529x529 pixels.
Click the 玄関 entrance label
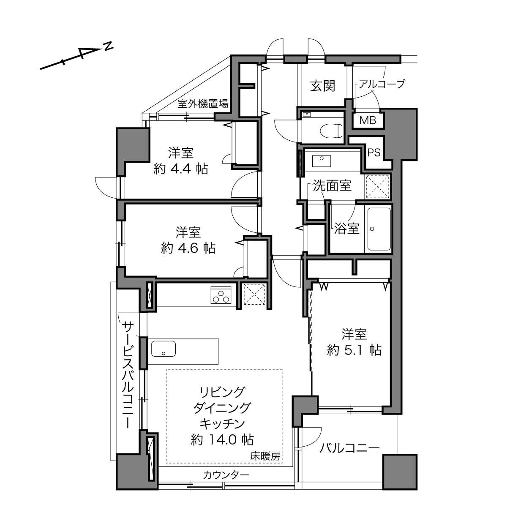pyautogui.click(x=322, y=86)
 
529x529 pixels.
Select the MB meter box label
pyautogui.click(x=368, y=120)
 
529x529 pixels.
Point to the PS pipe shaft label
pyautogui.click(x=374, y=153)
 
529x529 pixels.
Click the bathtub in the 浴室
pyautogui.click(x=379, y=229)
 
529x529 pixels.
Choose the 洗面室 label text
pyautogui.click(x=332, y=186)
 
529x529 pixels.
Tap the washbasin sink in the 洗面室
pyautogui.click(x=322, y=161)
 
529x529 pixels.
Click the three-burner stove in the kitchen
pyautogui.click(x=221, y=295)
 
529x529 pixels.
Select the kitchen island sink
pyautogui.click(x=164, y=349)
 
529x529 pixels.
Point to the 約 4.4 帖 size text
pyautogui.click(x=181, y=169)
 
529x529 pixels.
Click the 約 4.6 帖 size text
pyautogui.click(x=188, y=248)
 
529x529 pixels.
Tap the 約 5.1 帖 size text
pyautogui.click(x=354, y=350)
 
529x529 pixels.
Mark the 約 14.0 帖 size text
pyautogui.click(x=222, y=440)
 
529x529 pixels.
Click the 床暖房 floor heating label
pyautogui.click(x=265, y=456)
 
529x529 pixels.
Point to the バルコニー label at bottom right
pyautogui.click(x=349, y=448)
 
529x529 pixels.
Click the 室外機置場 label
pyautogui.click(x=203, y=104)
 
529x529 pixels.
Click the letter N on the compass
pyautogui.click(x=109, y=46)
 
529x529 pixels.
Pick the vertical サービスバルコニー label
pyautogui.click(x=128, y=375)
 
